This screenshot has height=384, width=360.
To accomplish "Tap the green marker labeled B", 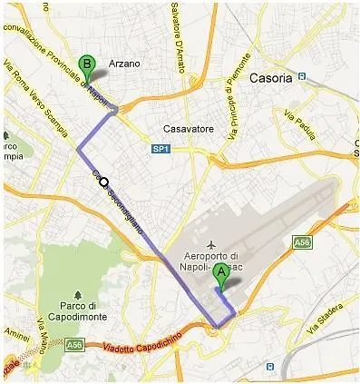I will tap(87, 65).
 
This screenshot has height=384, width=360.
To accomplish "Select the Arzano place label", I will tap(124, 64).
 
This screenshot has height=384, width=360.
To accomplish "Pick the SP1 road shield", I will tap(161, 148).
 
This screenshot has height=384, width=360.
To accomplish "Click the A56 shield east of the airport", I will tap(302, 242).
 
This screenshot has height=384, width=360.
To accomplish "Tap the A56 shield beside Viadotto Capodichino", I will tap(74, 345).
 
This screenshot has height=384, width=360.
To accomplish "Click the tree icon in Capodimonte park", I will tap(79, 294).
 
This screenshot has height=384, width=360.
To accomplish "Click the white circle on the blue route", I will tap(104, 181).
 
